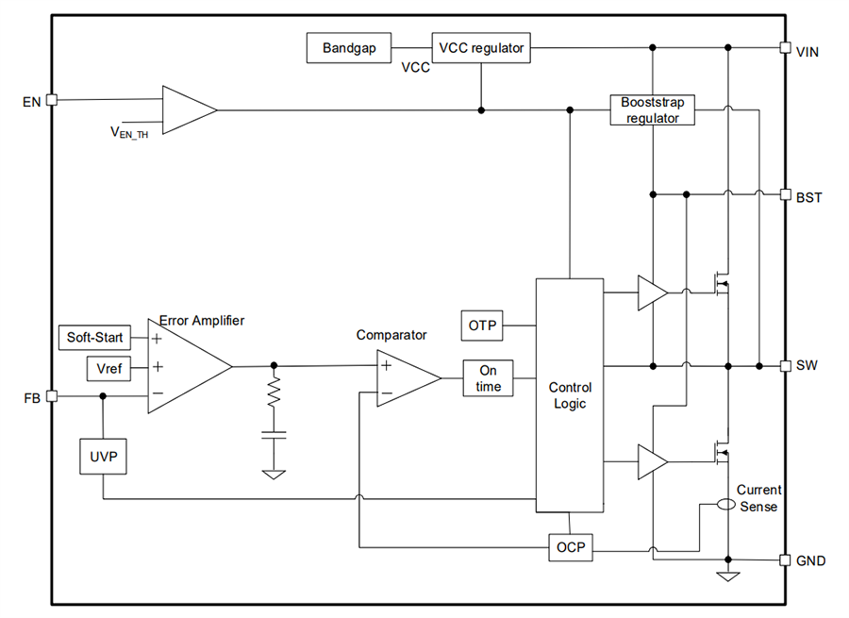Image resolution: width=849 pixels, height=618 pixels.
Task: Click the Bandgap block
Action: coord(349,47)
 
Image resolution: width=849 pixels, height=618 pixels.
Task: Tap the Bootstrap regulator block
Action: coord(652,109)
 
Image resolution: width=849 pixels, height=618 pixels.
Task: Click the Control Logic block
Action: coord(569,395)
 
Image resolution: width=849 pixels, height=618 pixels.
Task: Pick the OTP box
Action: coord(481,326)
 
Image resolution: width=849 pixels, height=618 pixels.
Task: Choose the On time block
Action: coord(488,378)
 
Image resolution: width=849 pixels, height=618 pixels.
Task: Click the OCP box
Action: coord(571,548)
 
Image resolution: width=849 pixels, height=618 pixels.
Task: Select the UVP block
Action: coord(102,457)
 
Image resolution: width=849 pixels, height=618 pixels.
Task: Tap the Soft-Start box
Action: coord(95,337)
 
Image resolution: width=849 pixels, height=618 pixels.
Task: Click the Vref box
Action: coord(109,367)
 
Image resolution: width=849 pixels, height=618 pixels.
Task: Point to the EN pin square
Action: coord(52,99)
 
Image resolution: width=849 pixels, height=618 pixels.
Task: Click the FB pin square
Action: coord(52,396)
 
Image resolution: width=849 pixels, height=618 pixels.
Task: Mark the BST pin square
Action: coord(785,195)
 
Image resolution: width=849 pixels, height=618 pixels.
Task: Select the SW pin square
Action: coord(785,365)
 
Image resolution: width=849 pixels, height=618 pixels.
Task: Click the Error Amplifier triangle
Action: coord(184,366)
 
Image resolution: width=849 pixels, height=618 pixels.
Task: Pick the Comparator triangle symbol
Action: coord(404,377)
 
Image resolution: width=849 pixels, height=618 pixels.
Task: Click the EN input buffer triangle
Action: coord(186,110)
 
